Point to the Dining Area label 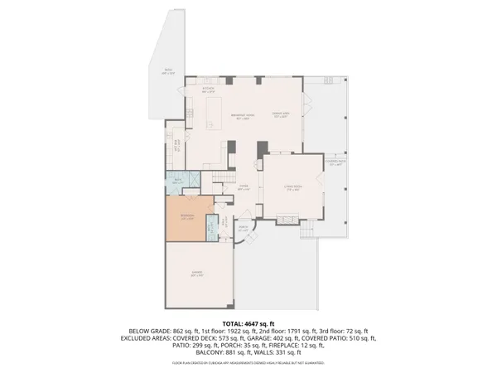pyautogui.click(x=281, y=118)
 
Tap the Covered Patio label pyautogui.click(x=335, y=163)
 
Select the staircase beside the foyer pyautogui.click(x=222, y=179)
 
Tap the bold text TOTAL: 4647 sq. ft pyautogui.click(x=248, y=322)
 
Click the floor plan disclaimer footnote pyautogui.click(x=248, y=363)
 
